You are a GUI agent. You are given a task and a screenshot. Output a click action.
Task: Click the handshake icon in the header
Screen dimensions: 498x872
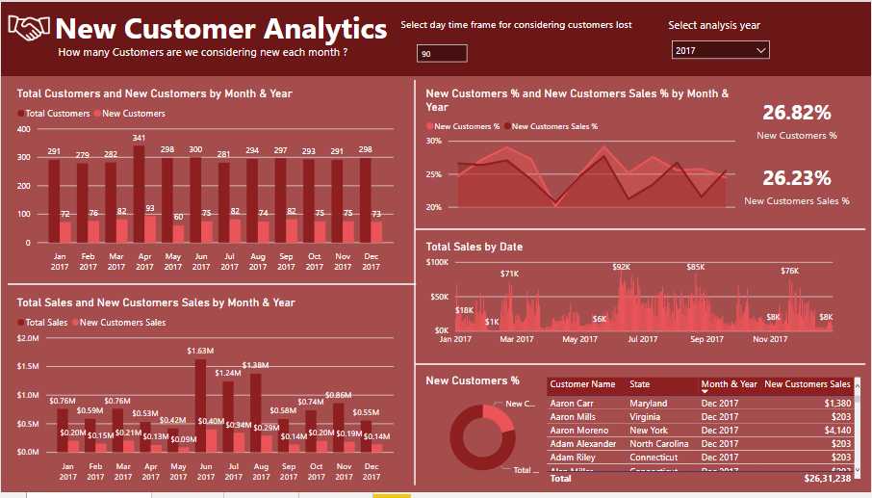click(x=29, y=29)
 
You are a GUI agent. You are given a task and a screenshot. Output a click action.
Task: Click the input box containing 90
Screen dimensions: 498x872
click(x=442, y=54)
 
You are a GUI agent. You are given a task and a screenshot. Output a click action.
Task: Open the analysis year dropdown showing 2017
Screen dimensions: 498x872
click(x=720, y=50)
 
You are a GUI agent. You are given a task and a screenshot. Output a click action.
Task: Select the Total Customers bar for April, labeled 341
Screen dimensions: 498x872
click(x=139, y=193)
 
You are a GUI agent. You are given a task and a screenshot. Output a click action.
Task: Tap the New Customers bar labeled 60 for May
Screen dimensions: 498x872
click(x=177, y=232)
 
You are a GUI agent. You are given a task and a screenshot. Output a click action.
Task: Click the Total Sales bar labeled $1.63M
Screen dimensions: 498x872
click(x=200, y=405)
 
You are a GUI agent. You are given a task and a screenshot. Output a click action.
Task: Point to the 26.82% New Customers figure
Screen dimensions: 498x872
click(x=796, y=113)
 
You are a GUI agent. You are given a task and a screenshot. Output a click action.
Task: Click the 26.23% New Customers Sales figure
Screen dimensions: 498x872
click(x=796, y=178)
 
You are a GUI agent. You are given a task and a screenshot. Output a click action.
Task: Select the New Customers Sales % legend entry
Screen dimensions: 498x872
click(x=554, y=126)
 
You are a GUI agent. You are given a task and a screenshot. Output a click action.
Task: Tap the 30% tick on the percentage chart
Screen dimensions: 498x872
click(x=433, y=141)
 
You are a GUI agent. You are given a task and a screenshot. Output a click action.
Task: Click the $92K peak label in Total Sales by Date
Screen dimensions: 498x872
click(x=621, y=267)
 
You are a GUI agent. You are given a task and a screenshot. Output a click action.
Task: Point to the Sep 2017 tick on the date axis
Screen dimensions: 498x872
click(x=707, y=339)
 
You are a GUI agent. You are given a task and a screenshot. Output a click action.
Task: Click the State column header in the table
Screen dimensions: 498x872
click(x=640, y=384)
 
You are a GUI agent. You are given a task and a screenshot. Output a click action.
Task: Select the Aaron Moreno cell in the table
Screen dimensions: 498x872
click(x=579, y=430)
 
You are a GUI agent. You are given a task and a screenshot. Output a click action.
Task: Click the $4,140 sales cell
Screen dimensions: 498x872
click(x=836, y=430)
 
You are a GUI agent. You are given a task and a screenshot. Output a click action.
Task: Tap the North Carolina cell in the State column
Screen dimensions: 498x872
click(x=659, y=443)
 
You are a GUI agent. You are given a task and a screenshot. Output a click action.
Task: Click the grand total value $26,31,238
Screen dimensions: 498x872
click(x=828, y=478)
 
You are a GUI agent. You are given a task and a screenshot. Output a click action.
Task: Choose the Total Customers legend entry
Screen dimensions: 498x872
click(x=57, y=114)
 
